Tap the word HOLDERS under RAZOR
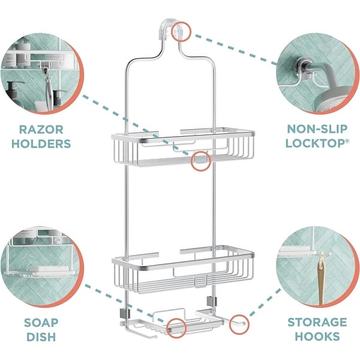[41, 144]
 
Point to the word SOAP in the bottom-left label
[41, 322]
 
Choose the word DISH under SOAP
[41, 337]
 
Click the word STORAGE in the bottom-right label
[316, 322]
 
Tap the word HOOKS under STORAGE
[316, 337]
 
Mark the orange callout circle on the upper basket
[200, 160]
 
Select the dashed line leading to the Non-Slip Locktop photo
[234, 48]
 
